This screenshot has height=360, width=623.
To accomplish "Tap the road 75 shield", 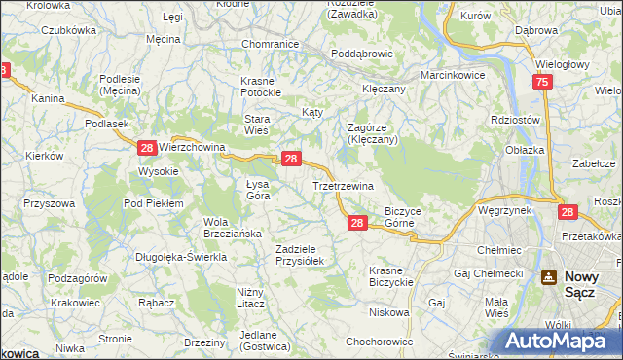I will point(542,84).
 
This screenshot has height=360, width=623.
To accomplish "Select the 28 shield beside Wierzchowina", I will point(146,148).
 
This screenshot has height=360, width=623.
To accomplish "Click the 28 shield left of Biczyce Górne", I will point(356,224).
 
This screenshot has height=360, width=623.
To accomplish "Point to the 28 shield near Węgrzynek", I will point(568,211).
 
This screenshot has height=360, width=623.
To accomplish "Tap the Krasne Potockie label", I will point(261,86).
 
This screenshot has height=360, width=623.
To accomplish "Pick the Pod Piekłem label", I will point(154,203).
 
